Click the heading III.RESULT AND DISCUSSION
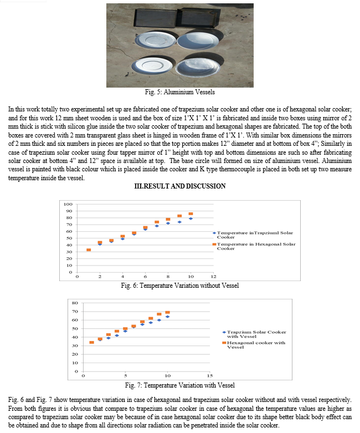coord(180,186)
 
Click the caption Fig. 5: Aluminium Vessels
coord(180,91)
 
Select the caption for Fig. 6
coord(179,286)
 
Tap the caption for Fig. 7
coord(179,385)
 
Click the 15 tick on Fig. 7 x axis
coord(209,375)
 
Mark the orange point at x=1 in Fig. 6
coord(89,250)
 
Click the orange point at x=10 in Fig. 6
coord(191,214)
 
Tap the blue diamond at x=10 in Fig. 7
coord(167,317)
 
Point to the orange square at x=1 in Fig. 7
coord(91,342)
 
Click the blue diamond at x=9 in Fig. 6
coord(179,222)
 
